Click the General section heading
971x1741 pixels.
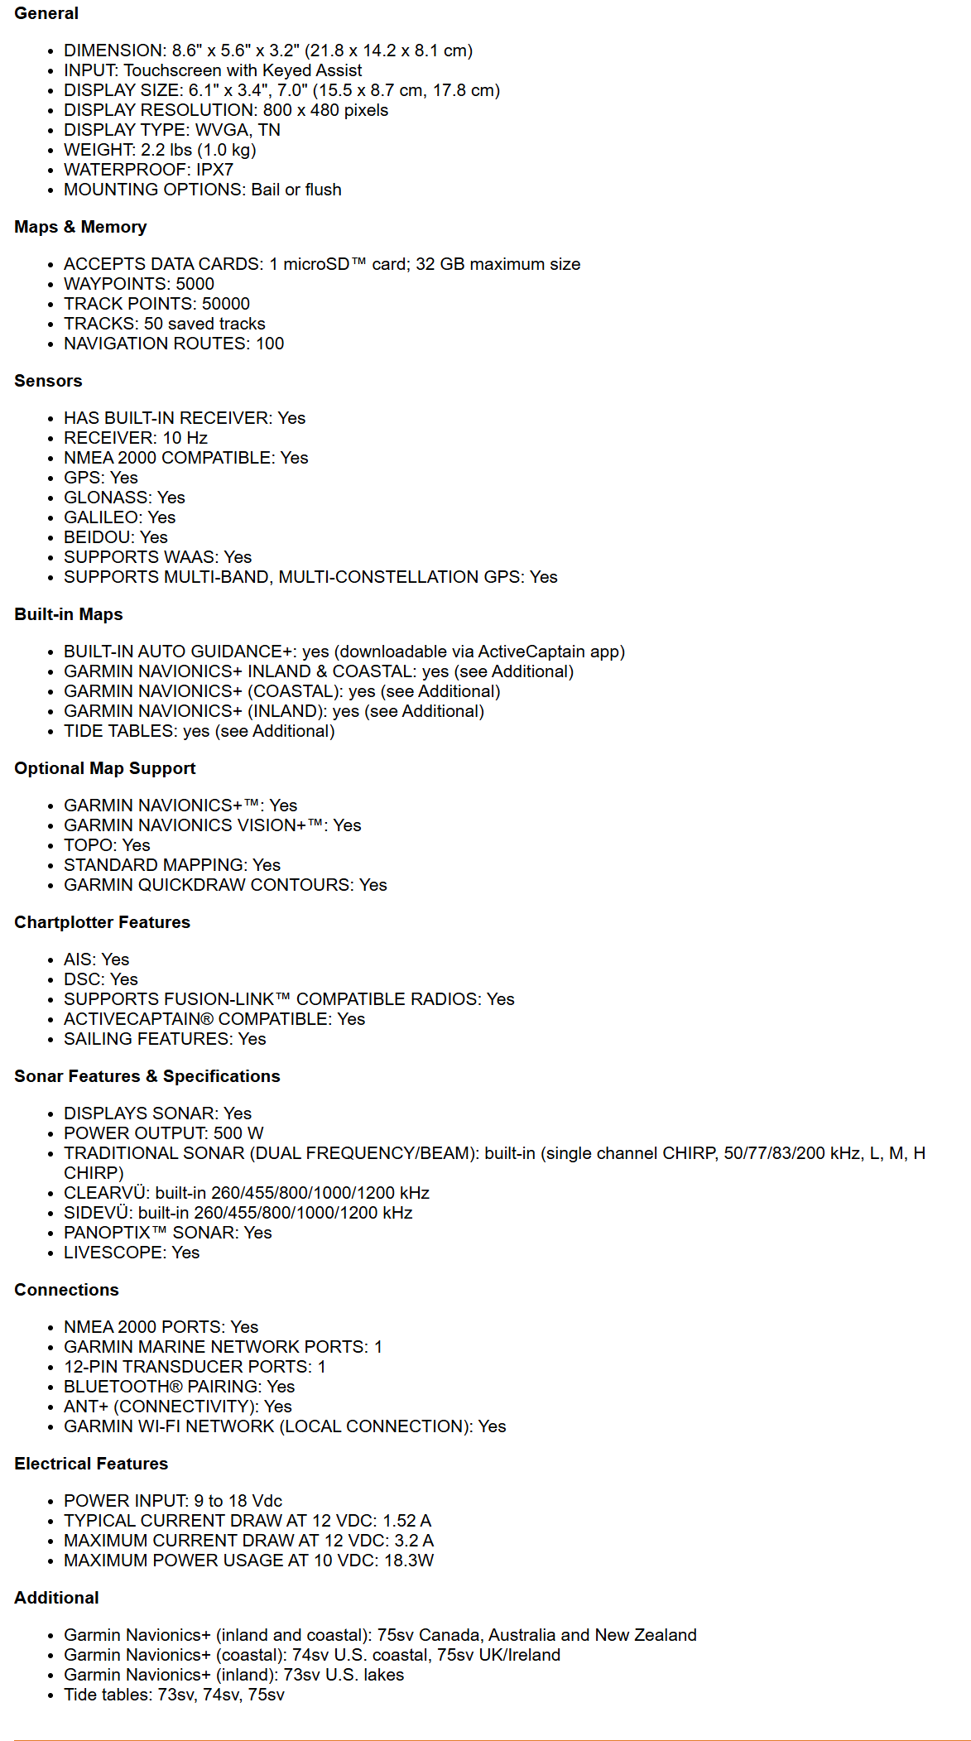click(46, 13)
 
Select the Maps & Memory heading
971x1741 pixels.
click(80, 227)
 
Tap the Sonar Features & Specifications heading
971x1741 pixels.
click(147, 1076)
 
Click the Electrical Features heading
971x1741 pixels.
click(91, 1464)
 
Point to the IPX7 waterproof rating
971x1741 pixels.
click(214, 170)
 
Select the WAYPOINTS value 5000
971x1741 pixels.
click(195, 284)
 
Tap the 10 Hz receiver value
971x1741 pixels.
click(185, 438)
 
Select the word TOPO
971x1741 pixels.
click(89, 845)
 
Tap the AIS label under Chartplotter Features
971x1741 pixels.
click(78, 959)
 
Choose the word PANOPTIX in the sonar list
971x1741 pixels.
click(108, 1233)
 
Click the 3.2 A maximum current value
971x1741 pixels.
click(416, 1541)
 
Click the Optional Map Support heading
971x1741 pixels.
click(105, 768)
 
